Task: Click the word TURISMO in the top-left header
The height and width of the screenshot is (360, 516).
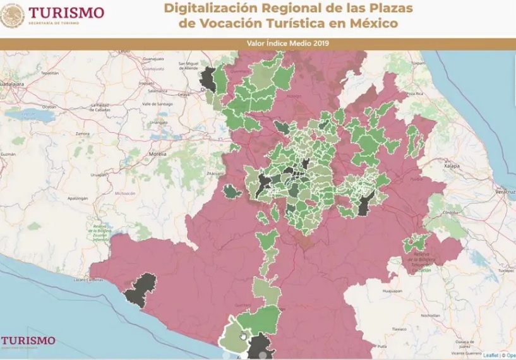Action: [66, 13]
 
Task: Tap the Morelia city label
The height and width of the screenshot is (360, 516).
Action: [157, 153]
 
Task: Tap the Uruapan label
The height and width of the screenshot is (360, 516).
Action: [95, 174]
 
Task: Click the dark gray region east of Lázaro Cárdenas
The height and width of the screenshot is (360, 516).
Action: [140, 289]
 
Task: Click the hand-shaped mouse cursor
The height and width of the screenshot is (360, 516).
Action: [243, 336]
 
